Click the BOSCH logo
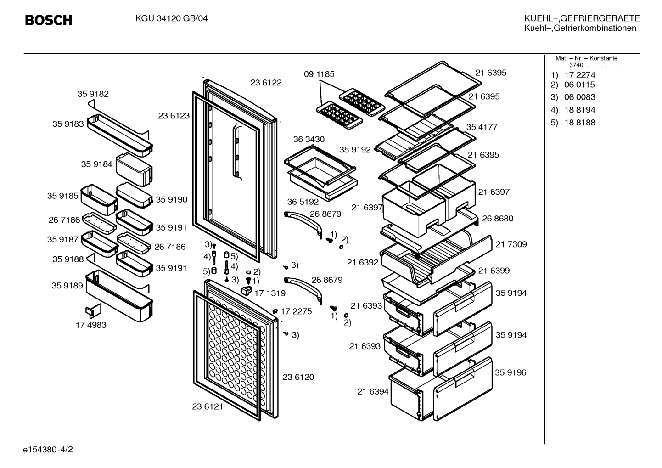49,20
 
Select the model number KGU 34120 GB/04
171,19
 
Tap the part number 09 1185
319,74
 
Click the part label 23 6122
266,83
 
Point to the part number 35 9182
93,94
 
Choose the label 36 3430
309,139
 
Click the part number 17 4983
91,325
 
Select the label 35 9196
511,372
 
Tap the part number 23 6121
208,406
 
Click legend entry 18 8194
580,110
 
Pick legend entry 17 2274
580,75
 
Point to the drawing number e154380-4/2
48,450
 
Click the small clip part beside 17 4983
93,311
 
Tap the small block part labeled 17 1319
247,290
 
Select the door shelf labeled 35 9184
134,169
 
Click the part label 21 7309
511,244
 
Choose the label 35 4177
482,127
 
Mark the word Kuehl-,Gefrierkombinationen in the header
580,28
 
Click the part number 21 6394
373,391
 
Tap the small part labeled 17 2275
275,311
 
